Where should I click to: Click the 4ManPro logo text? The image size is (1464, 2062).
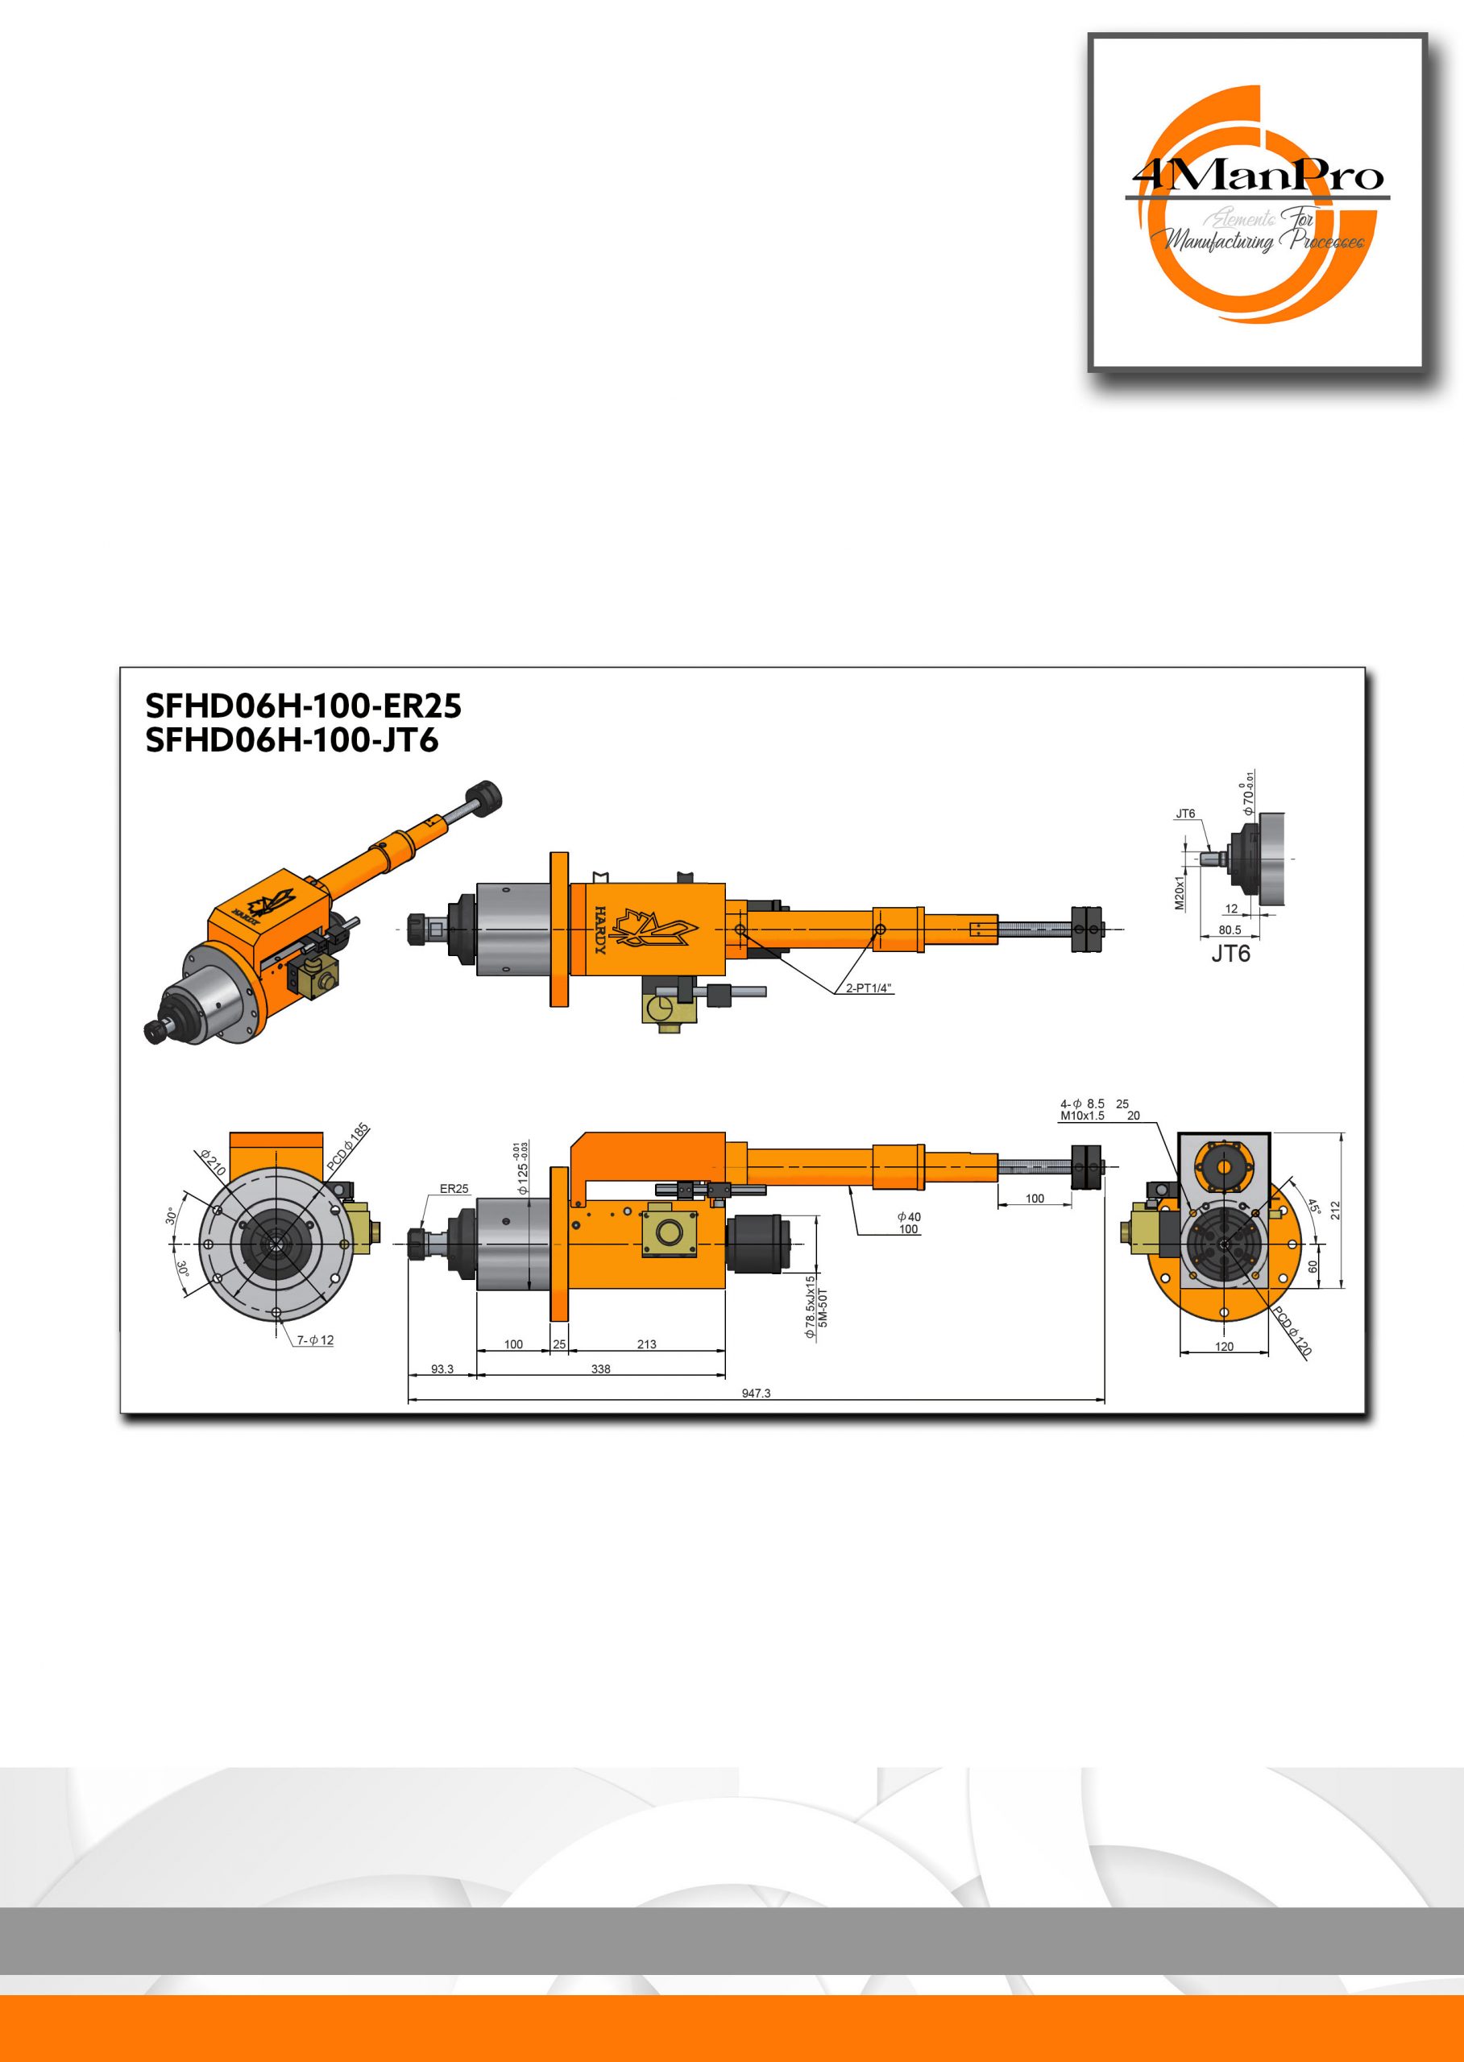click(1258, 175)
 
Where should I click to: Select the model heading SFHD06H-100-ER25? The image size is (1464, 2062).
click(303, 706)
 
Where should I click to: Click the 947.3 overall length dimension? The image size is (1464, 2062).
click(756, 1393)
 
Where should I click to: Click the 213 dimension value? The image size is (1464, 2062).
click(646, 1344)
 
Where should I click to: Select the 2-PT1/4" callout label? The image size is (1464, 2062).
click(868, 988)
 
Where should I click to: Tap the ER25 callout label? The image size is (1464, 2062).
click(454, 1189)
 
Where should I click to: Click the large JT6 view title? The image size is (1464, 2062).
click(1230, 954)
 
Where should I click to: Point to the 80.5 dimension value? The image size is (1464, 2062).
click(1230, 930)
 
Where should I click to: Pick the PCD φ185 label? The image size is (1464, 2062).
click(348, 1146)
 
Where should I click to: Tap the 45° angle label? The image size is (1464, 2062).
click(1313, 1206)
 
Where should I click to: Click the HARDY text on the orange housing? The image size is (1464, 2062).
click(600, 930)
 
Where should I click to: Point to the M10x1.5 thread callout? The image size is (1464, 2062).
click(1082, 1116)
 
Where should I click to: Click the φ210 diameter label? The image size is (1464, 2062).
click(213, 1161)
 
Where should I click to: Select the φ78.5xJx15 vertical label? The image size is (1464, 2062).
click(810, 1306)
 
